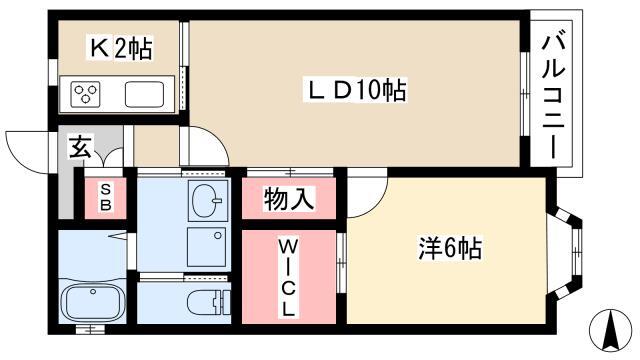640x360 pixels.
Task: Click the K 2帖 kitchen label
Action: pyautogui.click(x=121, y=48)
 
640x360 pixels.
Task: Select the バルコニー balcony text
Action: pyautogui.click(x=553, y=97)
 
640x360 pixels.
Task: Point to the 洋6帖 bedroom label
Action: pyautogui.click(x=450, y=248)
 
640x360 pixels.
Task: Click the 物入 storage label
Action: pyautogui.click(x=289, y=199)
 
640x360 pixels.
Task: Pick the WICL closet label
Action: pyautogui.click(x=288, y=278)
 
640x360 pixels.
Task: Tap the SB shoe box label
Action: pyautogui.click(x=106, y=197)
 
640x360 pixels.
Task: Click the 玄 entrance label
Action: pyautogui.click(x=80, y=147)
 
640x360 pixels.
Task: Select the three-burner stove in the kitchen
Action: pyautogui.click(x=85, y=94)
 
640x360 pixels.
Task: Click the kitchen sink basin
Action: pyautogui.click(x=144, y=94)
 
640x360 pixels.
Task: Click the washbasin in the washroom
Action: pyautogui.click(x=207, y=200)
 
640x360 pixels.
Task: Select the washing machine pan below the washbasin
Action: pyautogui.click(x=207, y=247)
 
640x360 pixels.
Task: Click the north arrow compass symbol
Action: pyautogui.click(x=610, y=331)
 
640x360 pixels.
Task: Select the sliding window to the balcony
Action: pyautogui.click(x=525, y=93)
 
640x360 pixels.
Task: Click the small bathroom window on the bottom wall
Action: pyautogui.click(x=90, y=328)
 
